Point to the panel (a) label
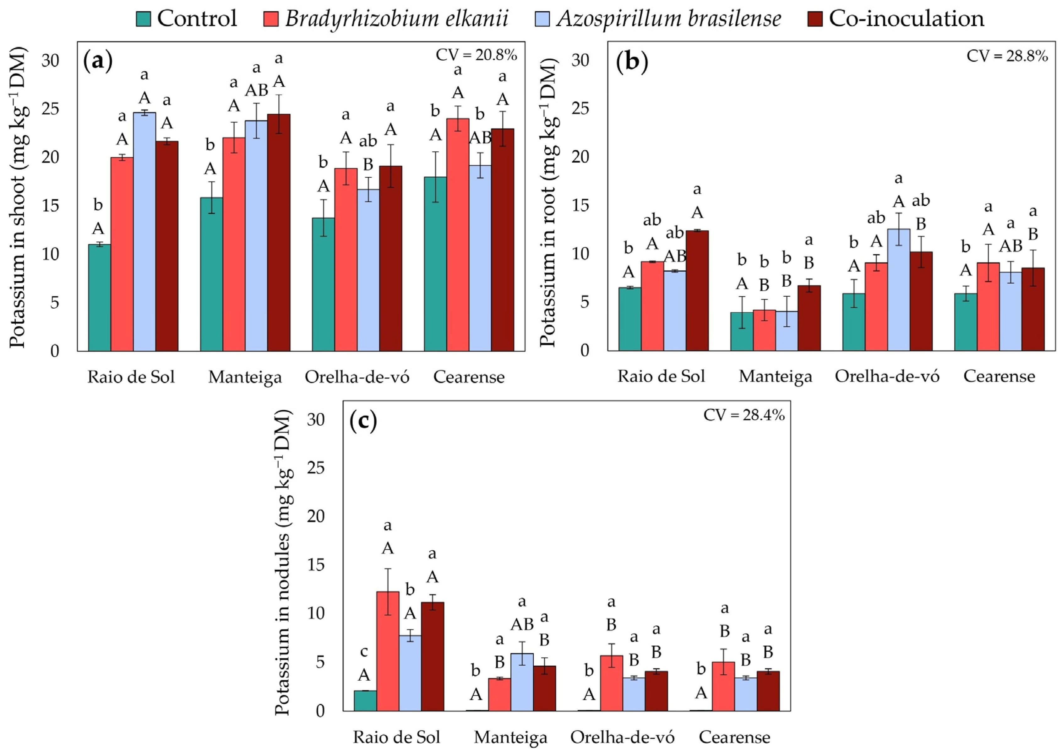click(98, 61)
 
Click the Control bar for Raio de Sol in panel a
click(100, 298)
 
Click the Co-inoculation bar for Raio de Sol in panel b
click(697, 291)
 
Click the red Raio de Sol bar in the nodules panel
click(388, 651)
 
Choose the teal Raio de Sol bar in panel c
click(365, 701)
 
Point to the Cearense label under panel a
click(469, 377)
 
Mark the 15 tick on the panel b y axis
click(580, 206)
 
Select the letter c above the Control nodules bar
click(364, 652)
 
